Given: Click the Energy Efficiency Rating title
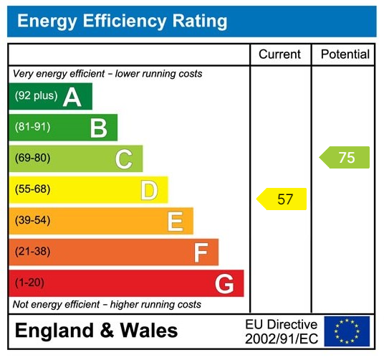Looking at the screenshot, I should pyautogui.click(x=122, y=21).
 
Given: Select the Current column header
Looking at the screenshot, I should pyautogui.click(x=279, y=55).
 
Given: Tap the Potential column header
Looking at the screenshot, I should pyautogui.click(x=345, y=55).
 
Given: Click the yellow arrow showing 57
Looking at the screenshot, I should pyautogui.click(x=282, y=199).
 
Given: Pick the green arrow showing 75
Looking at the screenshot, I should pyautogui.click(x=345, y=158).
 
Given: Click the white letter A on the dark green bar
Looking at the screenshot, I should pyautogui.click(x=72, y=97).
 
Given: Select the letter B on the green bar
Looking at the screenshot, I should pyautogui.click(x=98, y=128).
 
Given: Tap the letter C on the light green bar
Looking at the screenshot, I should pyautogui.click(x=123, y=159).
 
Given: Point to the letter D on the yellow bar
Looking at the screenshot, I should pyautogui.click(x=148, y=191).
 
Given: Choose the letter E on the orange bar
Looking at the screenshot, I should pyautogui.click(x=175, y=222).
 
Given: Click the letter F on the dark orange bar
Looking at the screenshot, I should pyautogui.click(x=201, y=252).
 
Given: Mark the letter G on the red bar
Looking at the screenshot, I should pyautogui.click(x=224, y=284).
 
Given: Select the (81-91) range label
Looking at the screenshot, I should pyautogui.click(x=32, y=127).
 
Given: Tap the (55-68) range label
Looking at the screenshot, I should pyautogui.click(x=32, y=189).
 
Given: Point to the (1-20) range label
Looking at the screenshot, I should pyautogui.click(x=29, y=283).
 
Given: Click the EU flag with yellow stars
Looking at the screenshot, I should pyautogui.click(x=347, y=331).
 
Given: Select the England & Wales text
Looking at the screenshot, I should pyautogui.click(x=96, y=331).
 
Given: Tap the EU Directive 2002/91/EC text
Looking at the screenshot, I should pyautogui.click(x=281, y=331).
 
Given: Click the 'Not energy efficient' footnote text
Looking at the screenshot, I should pyautogui.click(x=107, y=305).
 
